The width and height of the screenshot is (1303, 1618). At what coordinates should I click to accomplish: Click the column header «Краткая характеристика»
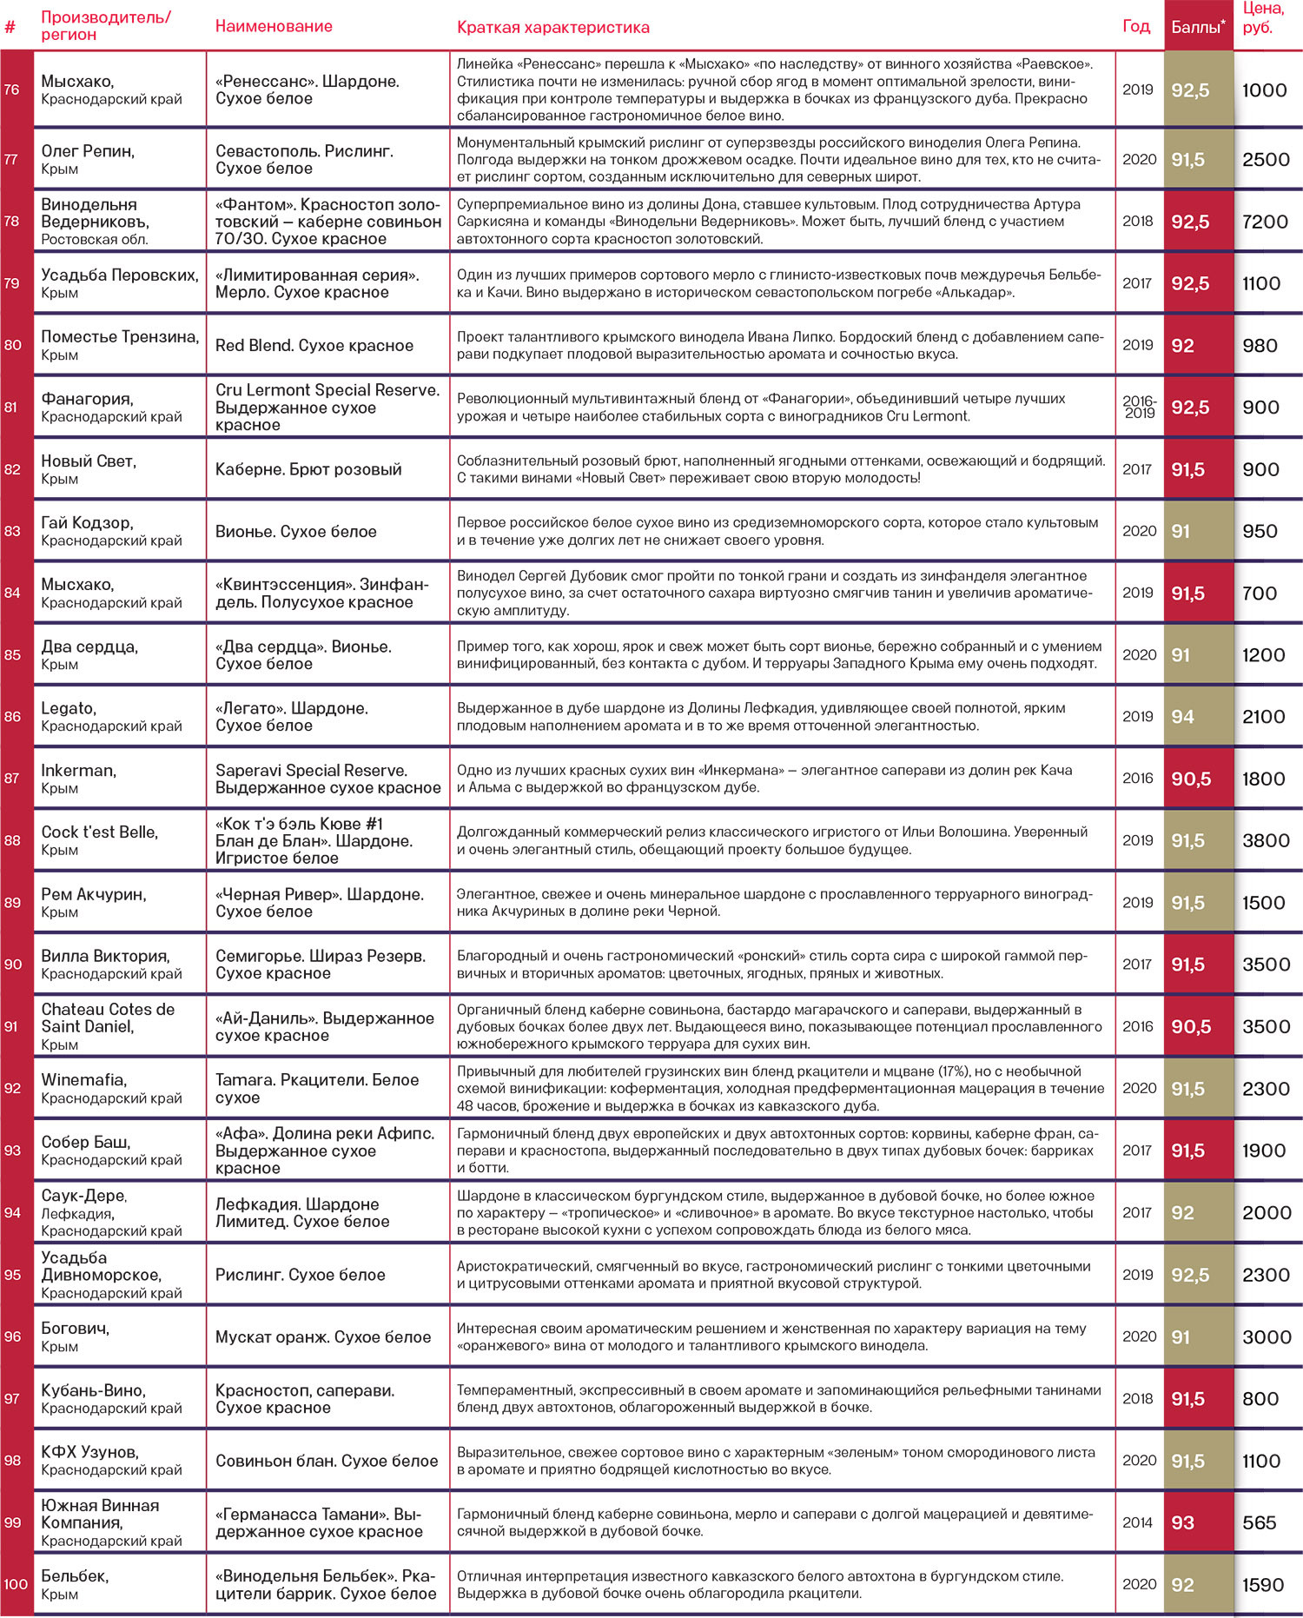552,27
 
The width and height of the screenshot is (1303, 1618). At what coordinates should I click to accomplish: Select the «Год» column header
1136,26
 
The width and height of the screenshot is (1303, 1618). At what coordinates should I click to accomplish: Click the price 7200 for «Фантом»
1265,222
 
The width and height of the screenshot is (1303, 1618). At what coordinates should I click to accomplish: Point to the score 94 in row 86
1182,717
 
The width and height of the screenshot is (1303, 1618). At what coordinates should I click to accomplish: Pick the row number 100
16,1584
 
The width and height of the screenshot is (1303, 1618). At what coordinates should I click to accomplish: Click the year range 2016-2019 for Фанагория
1139,407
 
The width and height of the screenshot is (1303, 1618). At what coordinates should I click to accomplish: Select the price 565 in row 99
1259,1522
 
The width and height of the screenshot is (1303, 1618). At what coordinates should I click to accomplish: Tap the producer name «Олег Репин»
88,151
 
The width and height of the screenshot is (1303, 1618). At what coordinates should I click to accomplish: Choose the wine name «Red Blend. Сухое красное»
314,345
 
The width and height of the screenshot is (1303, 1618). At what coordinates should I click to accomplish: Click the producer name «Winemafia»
83,1080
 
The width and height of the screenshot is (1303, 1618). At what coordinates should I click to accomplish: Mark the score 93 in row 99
1182,1522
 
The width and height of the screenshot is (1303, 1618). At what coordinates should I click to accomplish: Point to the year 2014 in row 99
1137,1522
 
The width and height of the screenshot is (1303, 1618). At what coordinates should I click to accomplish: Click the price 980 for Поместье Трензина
1260,345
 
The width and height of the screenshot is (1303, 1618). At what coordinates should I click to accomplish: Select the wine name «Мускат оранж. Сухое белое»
323,1336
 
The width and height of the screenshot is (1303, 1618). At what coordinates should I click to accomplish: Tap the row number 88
12,840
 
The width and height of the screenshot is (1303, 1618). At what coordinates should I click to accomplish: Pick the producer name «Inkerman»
78,771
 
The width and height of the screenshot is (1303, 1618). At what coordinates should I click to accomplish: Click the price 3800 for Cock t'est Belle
1266,840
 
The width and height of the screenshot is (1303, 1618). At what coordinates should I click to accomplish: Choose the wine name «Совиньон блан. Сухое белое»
327,1461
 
